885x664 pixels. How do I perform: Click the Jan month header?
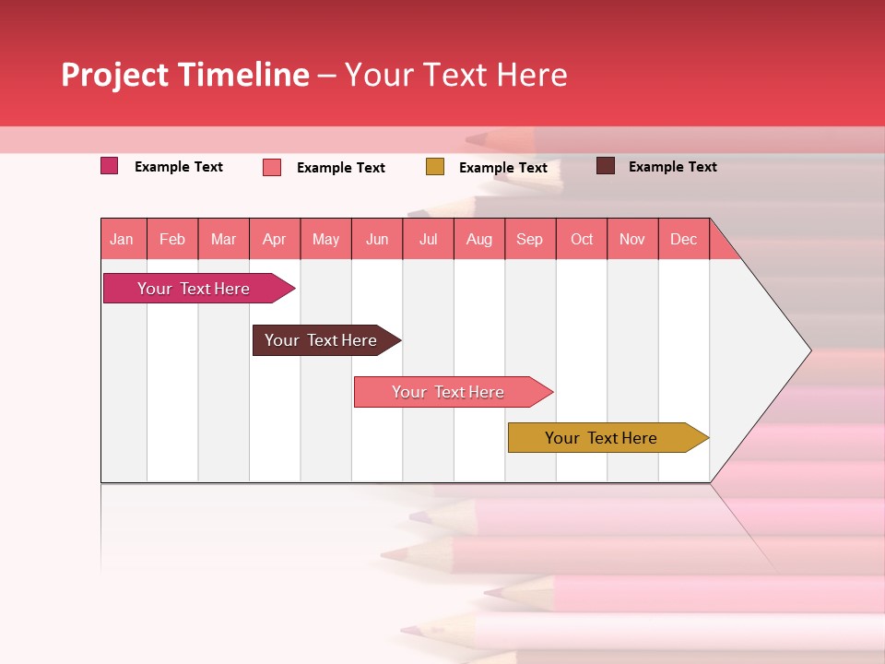[122, 239]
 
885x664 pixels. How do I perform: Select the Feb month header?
[172, 239]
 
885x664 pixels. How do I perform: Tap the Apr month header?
[275, 239]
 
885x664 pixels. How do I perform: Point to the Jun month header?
[377, 239]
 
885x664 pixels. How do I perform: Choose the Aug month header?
[479, 239]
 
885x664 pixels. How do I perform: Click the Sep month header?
[530, 239]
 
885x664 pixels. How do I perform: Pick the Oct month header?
[582, 239]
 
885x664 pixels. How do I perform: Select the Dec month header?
[684, 239]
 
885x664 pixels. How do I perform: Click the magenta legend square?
[110, 166]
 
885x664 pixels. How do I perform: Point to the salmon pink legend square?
[272, 167]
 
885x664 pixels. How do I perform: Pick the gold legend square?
[435, 167]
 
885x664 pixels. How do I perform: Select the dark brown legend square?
[606, 166]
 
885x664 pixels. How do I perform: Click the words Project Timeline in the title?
[185, 75]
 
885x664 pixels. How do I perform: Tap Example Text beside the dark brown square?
[673, 167]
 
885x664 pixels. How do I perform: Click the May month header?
[325, 239]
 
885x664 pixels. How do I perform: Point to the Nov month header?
[632, 239]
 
